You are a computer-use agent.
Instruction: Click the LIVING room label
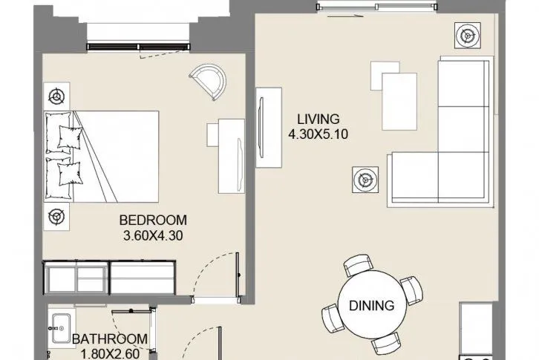(318, 119)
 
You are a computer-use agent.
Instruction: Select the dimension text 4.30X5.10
(318, 134)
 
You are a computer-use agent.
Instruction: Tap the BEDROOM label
(153, 220)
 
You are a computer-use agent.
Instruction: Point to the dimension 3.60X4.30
(153, 235)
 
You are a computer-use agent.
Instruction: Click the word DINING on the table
(372, 305)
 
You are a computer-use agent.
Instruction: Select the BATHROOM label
(110, 339)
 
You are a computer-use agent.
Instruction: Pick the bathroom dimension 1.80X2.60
(111, 354)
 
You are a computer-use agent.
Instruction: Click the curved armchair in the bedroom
(209, 82)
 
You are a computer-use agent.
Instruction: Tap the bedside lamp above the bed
(56, 96)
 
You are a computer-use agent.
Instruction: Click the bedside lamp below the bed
(56, 217)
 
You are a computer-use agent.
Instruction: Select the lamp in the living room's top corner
(468, 36)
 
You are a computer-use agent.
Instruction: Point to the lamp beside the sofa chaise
(365, 180)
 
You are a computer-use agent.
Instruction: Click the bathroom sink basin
(61, 328)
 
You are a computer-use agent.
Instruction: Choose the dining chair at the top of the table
(358, 265)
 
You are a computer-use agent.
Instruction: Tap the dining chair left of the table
(333, 318)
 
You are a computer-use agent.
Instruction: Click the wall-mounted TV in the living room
(261, 128)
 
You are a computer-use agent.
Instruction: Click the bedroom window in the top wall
(139, 47)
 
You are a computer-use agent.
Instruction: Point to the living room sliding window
(376, 7)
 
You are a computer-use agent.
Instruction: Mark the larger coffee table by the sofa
(399, 102)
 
